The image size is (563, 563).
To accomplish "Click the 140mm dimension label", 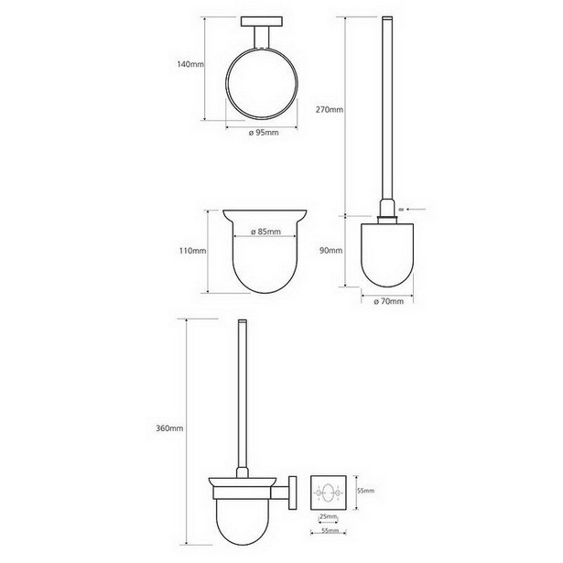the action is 190,65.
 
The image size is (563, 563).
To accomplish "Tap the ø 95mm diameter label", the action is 264,133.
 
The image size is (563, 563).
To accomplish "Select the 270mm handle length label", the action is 330,110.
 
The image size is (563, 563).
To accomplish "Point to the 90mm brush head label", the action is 331,251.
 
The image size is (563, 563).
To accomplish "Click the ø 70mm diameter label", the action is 388,301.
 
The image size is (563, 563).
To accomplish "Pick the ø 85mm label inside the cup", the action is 265,232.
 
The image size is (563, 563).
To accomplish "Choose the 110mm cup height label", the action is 193,251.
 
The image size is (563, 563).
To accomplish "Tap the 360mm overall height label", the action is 169,428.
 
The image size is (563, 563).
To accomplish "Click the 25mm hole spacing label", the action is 328,517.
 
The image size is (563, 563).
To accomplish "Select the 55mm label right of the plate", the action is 366,491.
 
